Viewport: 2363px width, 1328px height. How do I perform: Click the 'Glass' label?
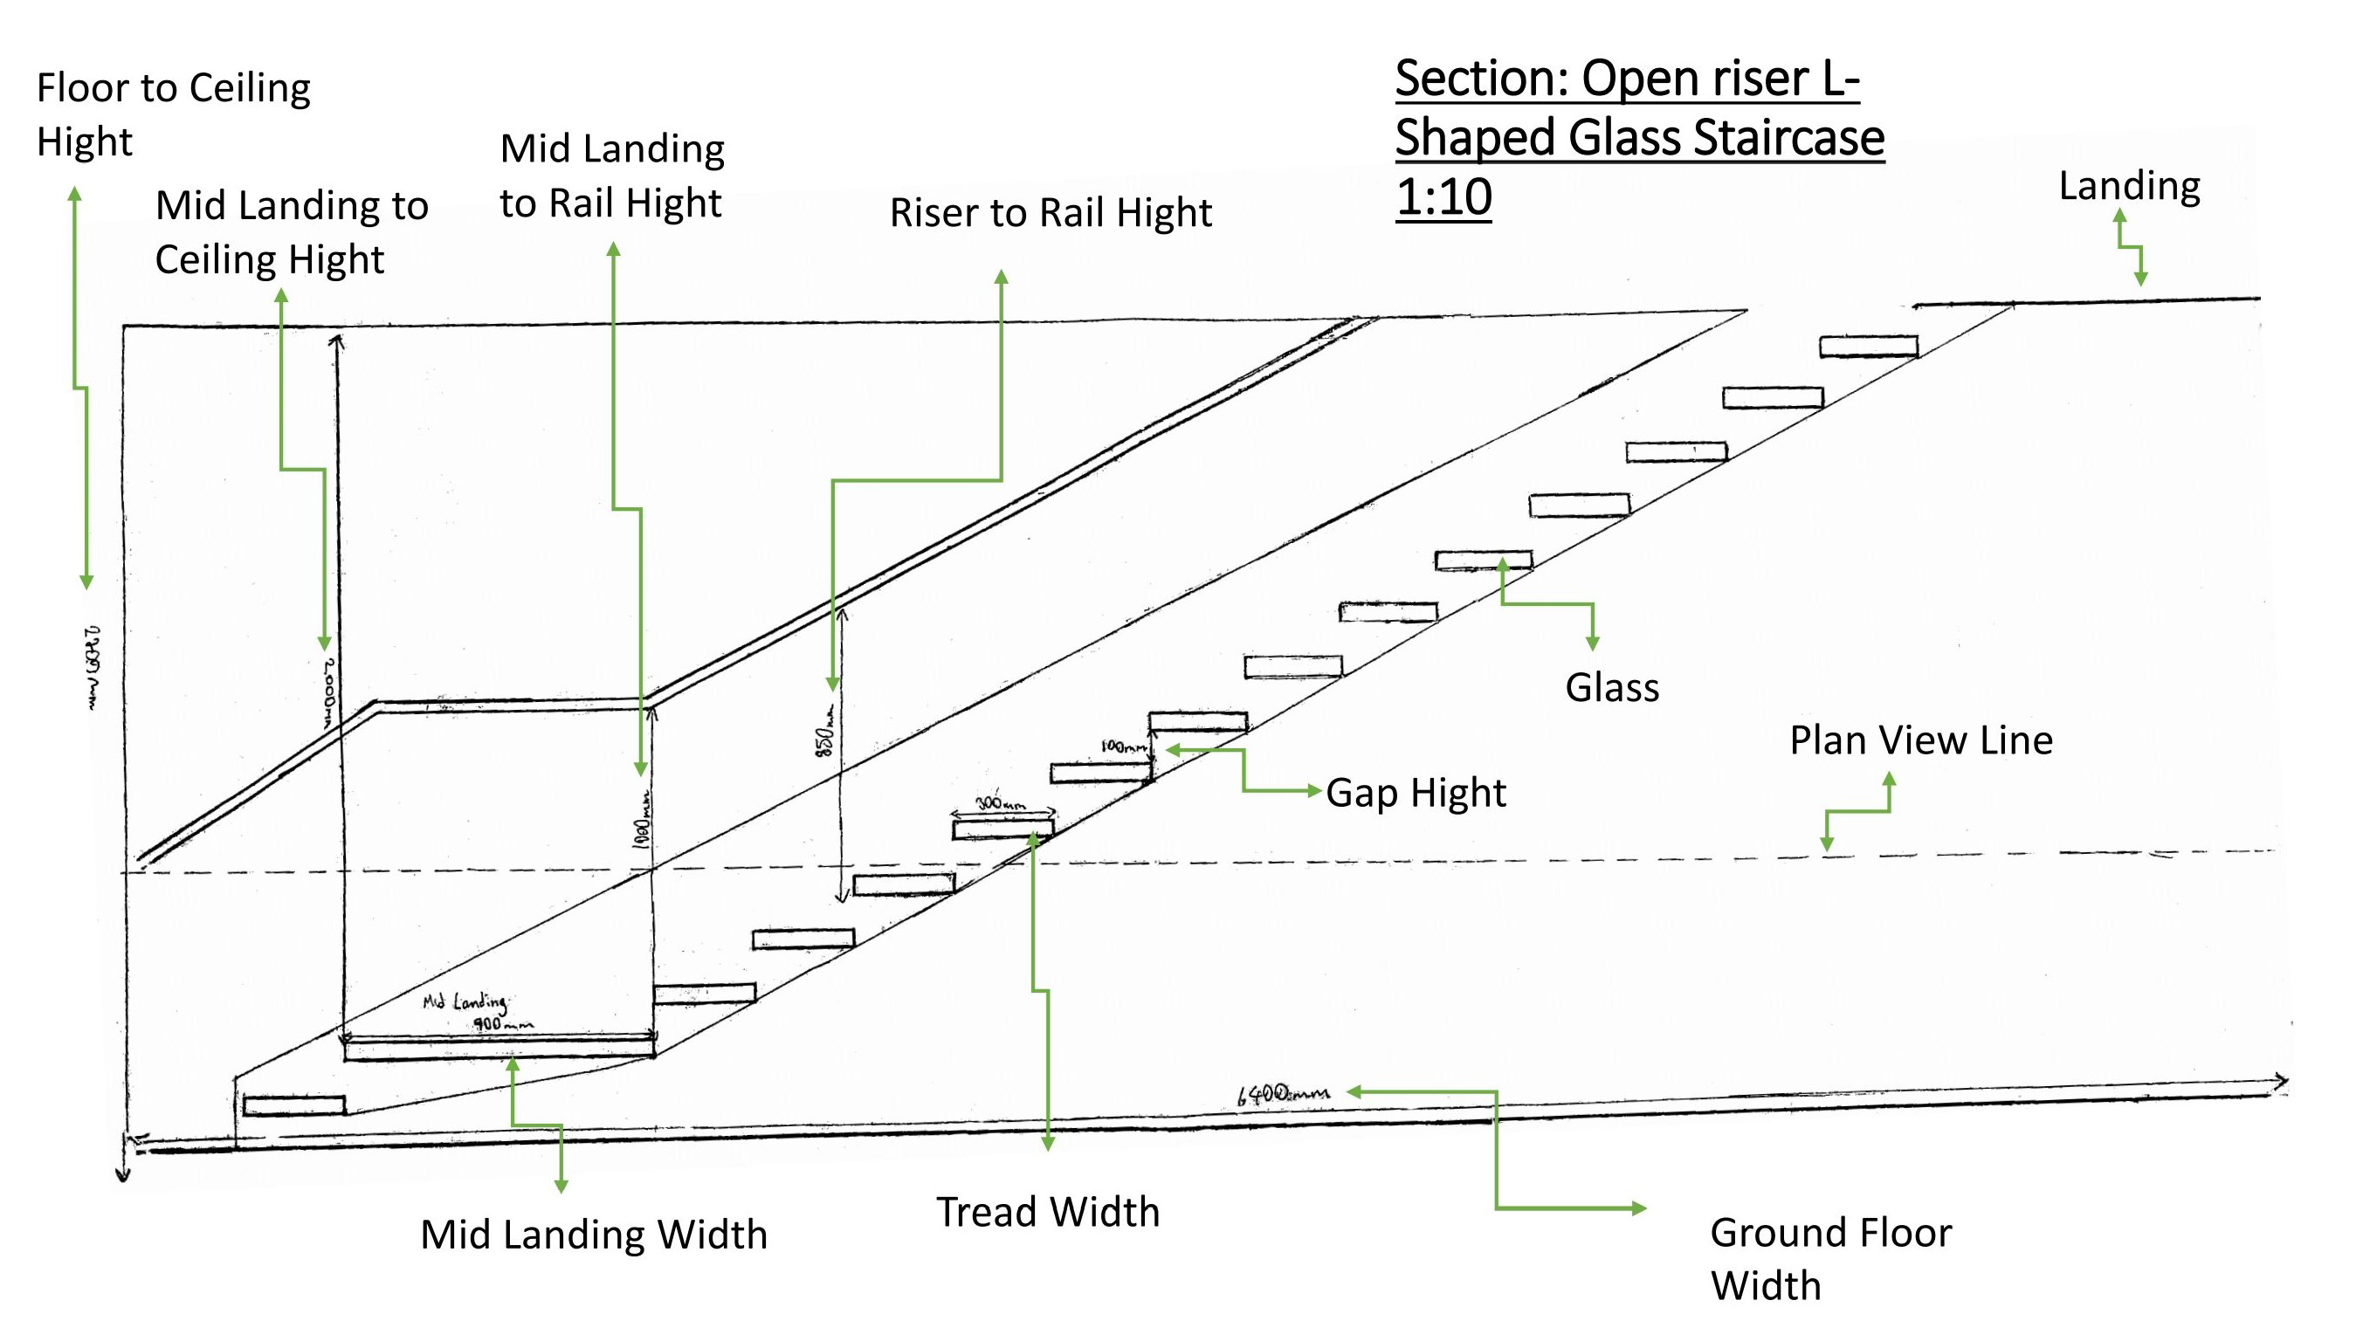tap(1612, 688)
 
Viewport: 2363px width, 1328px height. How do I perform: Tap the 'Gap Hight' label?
tap(1416, 794)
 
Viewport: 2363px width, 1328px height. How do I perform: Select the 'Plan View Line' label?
tap(1921, 741)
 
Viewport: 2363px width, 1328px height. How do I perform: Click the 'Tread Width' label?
tap(1048, 1213)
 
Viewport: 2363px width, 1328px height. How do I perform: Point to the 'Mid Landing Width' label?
tap(594, 1235)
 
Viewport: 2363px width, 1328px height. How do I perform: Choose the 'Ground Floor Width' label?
tap(1830, 1258)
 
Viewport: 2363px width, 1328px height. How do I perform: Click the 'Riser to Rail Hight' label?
tap(1051, 213)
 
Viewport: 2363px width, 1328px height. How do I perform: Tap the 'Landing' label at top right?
tap(2128, 186)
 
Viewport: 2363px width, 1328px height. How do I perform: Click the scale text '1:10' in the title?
tap(1443, 197)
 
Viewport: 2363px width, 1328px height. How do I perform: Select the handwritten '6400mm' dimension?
tap(1283, 1094)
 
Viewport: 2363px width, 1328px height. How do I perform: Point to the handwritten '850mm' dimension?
tap(825, 731)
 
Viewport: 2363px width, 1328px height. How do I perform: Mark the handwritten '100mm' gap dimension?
tap(1123, 747)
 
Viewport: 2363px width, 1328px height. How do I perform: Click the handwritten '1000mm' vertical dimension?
tap(644, 819)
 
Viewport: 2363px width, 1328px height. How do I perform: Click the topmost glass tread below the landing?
tap(1869, 347)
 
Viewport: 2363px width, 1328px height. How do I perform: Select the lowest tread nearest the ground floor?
tap(293, 1106)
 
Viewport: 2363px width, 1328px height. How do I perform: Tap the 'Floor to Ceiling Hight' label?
tap(174, 115)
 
